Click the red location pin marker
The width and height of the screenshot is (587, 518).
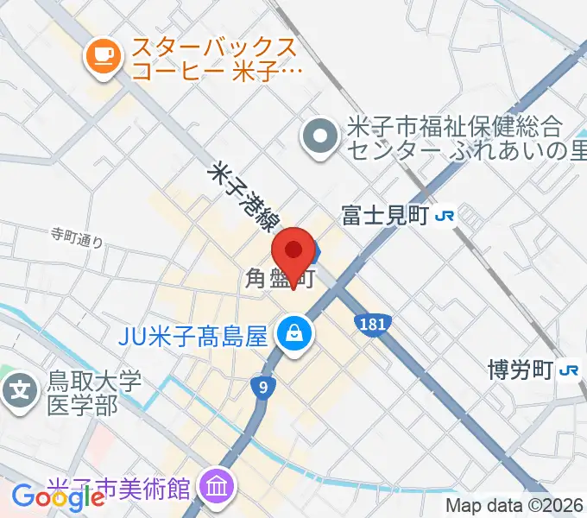(293, 254)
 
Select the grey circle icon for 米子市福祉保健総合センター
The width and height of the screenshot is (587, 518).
(321, 136)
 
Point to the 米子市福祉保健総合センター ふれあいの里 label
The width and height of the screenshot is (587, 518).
(454, 138)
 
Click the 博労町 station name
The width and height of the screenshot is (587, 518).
(519, 370)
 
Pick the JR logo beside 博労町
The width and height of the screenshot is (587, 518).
(569, 370)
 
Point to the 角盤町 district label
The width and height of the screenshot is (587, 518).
(277, 279)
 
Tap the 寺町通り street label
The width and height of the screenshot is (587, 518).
(77, 238)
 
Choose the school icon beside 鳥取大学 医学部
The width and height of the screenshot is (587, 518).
(20, 391)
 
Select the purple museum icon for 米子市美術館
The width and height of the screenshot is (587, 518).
(214, 488)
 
